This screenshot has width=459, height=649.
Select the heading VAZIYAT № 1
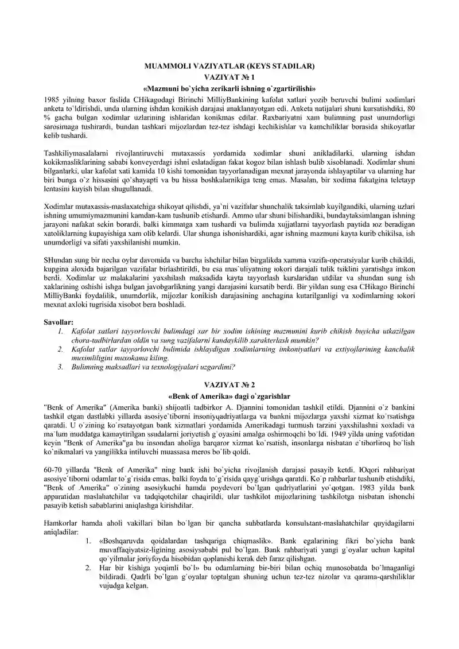(229, 76)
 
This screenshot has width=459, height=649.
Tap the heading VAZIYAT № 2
(229, 385)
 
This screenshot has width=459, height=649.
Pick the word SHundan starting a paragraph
(59, 259)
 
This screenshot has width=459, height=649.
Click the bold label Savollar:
(59, 322)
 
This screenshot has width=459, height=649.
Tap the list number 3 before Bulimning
(60, 367)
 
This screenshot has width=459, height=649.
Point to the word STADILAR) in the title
(290, 66)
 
